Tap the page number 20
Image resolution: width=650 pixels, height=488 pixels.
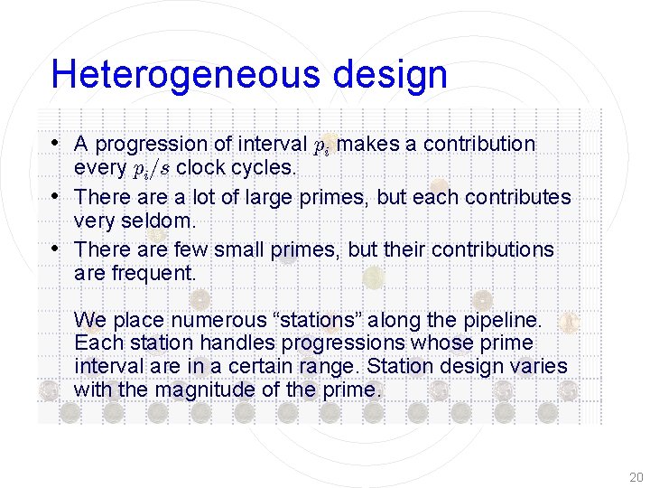point(636,477)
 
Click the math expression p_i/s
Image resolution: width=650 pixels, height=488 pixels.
point(153,169)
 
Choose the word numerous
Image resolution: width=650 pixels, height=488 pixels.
point(212,320)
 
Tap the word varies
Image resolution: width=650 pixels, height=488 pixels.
point(540,367)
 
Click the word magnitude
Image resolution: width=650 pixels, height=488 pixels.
point(209,390)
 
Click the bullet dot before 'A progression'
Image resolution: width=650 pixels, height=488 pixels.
point(57,143)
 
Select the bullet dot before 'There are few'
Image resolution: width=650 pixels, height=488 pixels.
point(57,248)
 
